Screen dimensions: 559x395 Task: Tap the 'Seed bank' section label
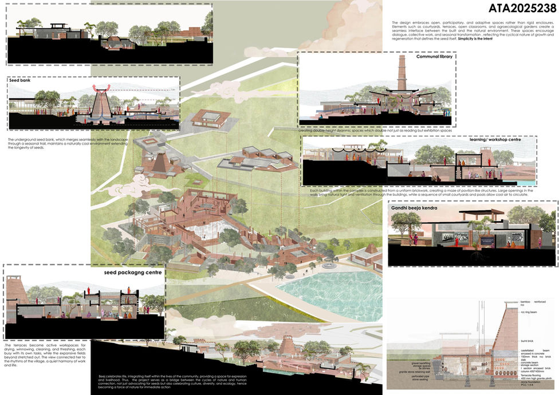pyautogui.click(x=19, y=81)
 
